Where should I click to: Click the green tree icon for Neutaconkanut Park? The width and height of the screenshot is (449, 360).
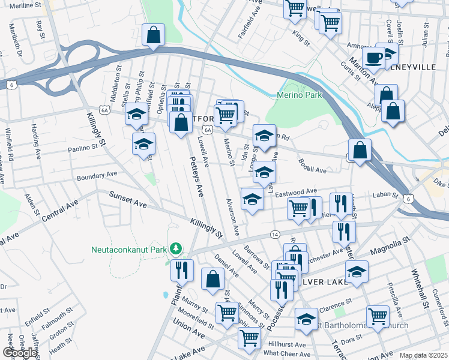click(x=176, y=248)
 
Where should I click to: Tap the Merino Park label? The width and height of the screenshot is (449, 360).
click(x=300, y=95)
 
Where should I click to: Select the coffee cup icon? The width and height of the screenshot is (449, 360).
click(x=373, y=58)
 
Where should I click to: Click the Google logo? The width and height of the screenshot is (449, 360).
click(x=19, y=353)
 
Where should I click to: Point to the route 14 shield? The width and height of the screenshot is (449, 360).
click(x=275, y=233)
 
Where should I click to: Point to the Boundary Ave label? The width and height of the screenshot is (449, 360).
click(x=96, y=175)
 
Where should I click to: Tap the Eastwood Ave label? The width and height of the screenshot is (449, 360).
click(x=296, y=191)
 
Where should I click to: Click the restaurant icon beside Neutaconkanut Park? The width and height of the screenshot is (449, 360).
click(x=181, y=269)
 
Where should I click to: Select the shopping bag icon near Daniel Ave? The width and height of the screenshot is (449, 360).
click(x=212, y=279)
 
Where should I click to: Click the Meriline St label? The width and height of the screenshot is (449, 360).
click(x=25, y=6)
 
